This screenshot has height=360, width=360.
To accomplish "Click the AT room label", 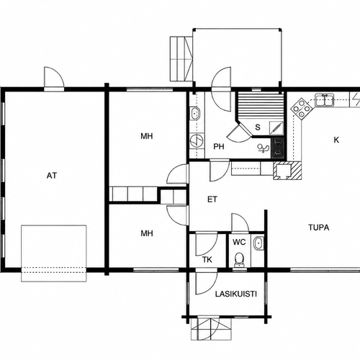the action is tap(52, 176).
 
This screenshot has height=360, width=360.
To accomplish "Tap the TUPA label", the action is tap(318, 228).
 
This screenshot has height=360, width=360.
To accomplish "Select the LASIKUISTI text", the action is tap(236, 294).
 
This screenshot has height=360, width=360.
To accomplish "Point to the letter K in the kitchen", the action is tap(336, 140).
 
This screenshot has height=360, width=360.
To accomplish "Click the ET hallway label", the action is tap(212, 199).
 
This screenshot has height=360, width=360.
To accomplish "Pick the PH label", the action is tap(219, 146).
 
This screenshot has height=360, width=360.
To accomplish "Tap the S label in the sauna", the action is tap(258, 127).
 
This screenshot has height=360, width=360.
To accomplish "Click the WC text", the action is tap(239, 242).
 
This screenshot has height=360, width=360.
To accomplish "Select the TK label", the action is tap(207, 260).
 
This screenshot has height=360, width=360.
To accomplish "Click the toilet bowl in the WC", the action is tap(239, 260).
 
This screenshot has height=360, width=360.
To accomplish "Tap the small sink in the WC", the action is tap(258, 243).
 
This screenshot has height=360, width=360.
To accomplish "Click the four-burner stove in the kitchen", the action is tap(301, 109).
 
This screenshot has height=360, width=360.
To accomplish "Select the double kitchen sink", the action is tap(324, 100).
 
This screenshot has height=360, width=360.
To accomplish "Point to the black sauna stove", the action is tap(278, 148).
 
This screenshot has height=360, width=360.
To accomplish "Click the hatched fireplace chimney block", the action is tap(287, 171).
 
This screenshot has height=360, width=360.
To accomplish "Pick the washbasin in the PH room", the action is tap(195, 114).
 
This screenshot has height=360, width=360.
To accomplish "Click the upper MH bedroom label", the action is tap(147, 136).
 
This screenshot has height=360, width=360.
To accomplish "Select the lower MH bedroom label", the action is tap(147, 233).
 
